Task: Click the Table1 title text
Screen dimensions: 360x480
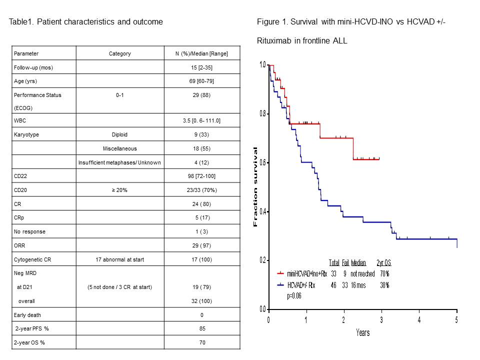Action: pos(86,22)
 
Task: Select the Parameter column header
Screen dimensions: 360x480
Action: pos(26,53)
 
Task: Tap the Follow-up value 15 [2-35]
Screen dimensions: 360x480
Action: pos(197,66)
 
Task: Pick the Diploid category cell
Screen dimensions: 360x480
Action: pos(120,134)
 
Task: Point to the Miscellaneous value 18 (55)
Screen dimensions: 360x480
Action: pos(197,148)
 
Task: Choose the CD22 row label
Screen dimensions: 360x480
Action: pos(20,176)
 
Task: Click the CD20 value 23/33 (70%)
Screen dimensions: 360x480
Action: pos(197,189)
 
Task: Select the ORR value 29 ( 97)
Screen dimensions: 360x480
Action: pos(197,245)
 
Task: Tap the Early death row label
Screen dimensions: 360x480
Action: pos(27,315)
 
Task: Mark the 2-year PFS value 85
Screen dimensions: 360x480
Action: pos(197,329)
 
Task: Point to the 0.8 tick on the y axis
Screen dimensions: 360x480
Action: pos(262,114)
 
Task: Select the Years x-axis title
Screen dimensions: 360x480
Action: pos(363,332)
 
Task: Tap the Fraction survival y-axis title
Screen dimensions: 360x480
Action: pos(256,187)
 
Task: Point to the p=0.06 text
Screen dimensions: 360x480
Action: pos(294,295)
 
